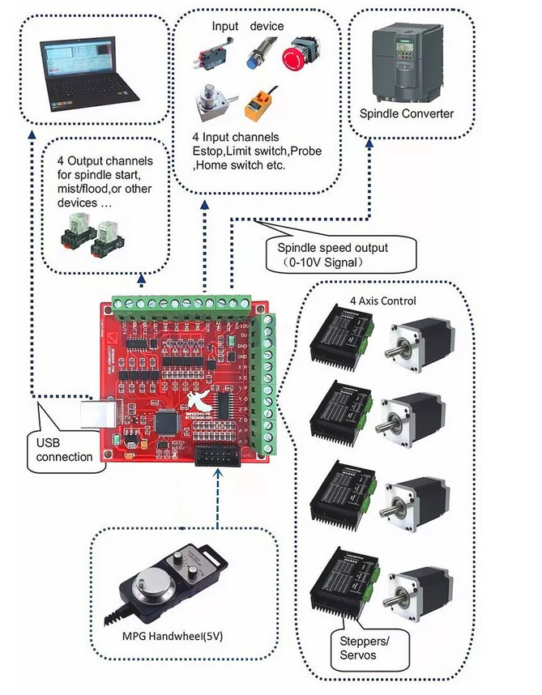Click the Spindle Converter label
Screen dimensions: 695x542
pos(407,113)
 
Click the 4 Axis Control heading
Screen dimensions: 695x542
pos(382,301)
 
